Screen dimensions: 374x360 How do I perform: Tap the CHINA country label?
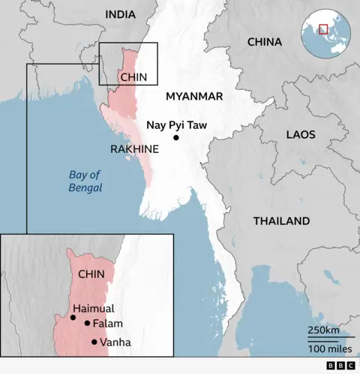pos(264,41)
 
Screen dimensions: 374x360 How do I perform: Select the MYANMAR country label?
pos(194,96)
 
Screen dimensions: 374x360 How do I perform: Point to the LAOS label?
pos(300,135)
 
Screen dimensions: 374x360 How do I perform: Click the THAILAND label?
pos(281,221)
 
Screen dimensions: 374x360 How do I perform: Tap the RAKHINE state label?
pos(134,149)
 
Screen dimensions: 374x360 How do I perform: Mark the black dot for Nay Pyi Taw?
pos(176,138)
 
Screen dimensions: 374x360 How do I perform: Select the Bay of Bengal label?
pos(85,181)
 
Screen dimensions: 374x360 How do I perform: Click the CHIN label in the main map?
pos(133,76)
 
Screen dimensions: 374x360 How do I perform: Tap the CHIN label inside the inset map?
pos(91,274)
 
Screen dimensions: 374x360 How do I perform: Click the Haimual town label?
pos(94,308)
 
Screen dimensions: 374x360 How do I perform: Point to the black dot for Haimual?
pos(73,317)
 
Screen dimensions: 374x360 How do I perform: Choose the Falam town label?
pos(107,324)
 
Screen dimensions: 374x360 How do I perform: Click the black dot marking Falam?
pos(87,324)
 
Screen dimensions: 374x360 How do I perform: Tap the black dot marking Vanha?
pos(94,342)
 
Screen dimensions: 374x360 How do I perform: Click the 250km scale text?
pos(323,331)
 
